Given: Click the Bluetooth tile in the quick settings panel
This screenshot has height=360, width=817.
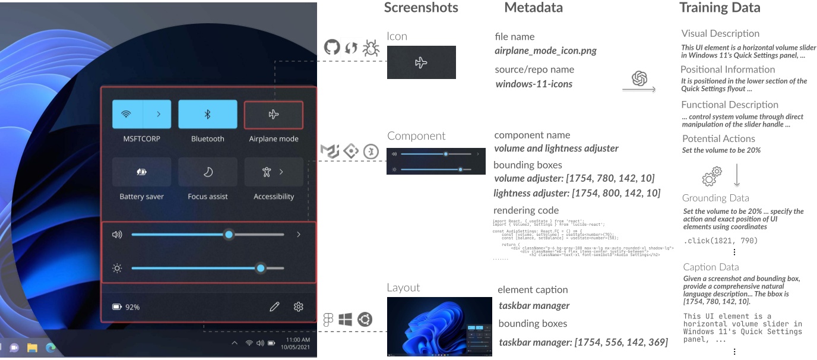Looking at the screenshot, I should (x=207, y=114).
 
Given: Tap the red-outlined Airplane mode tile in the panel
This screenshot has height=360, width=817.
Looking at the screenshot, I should (x=274, y=115).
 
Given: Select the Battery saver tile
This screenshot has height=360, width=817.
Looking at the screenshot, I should (x=141, y=172).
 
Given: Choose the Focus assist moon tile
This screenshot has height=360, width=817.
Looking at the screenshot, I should (x=207, y=172).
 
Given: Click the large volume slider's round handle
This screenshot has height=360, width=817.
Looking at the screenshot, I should (x=229, y=235).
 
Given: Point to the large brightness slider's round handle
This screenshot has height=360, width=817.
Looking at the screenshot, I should (x=260, y=269).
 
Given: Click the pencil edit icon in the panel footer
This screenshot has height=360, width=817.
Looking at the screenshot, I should (x=274, y=307).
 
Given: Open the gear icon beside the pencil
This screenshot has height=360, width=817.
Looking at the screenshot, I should (x=299, y=307).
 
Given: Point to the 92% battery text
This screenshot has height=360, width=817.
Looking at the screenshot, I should (x=132, y=307).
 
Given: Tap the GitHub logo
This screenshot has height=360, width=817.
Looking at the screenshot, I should (x=332, y=48).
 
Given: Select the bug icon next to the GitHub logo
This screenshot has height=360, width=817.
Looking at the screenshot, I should (x=371, y=48).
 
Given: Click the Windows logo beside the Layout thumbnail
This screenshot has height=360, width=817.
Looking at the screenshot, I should (x=345, y=320).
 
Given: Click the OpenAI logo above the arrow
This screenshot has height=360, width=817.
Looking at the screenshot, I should (x=639, y=78).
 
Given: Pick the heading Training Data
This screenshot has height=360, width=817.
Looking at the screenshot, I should (x=719, y=8).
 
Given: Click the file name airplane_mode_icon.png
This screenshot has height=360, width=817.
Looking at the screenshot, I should (x=545, y=51).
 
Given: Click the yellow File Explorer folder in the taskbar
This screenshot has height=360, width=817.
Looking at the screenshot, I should (x=32, y=347).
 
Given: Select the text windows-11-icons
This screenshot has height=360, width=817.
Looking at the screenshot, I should (x=534, y=84).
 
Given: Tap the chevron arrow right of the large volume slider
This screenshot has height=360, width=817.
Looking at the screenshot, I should (x=299, y=235).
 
